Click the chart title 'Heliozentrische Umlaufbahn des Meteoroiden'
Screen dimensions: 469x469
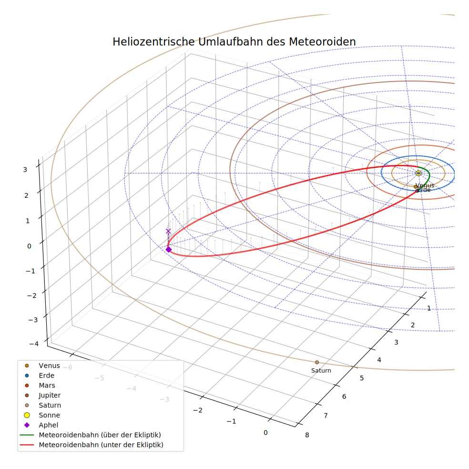pyautogui.click(x=234, y=41)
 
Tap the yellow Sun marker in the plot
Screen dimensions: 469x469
pyautogui.click(x=418, y=173)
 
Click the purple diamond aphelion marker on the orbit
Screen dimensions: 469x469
pyautogui.click(x=169, y=249)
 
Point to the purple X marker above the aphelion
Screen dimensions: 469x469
pyautogui.click(x=168, y=231)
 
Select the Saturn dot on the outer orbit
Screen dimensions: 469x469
pyautogui.click(x=317, y=362)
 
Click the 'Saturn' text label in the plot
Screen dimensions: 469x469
pyautogui.click(x=321, y=370)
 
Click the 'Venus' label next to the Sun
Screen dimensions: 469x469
pyautogui.click(x=425, y=185)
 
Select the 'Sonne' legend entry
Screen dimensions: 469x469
pyautogui.click(x=42, y=415)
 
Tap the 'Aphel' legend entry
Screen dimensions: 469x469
pyautogui.click(x=41, y=425)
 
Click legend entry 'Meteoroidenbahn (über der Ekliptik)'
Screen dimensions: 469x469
pyautogui.click(x=91, y=435)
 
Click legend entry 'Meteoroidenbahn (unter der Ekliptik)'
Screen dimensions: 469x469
pyautogui.click(x=92, y=445)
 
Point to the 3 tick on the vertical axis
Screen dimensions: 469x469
pyautogui.click(x=25, y=170)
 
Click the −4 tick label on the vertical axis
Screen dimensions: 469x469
pyautogui.click(x=34, y=344)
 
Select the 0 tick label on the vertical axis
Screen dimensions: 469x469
pyautogui.click(x=29, y=246)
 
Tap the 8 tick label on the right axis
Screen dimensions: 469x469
pyautogui.click(x=307, y=435)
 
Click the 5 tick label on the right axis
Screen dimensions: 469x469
pyautogui.click(x=362, y=378)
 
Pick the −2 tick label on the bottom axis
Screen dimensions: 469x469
pyautogui.click(x=198, y=410)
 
